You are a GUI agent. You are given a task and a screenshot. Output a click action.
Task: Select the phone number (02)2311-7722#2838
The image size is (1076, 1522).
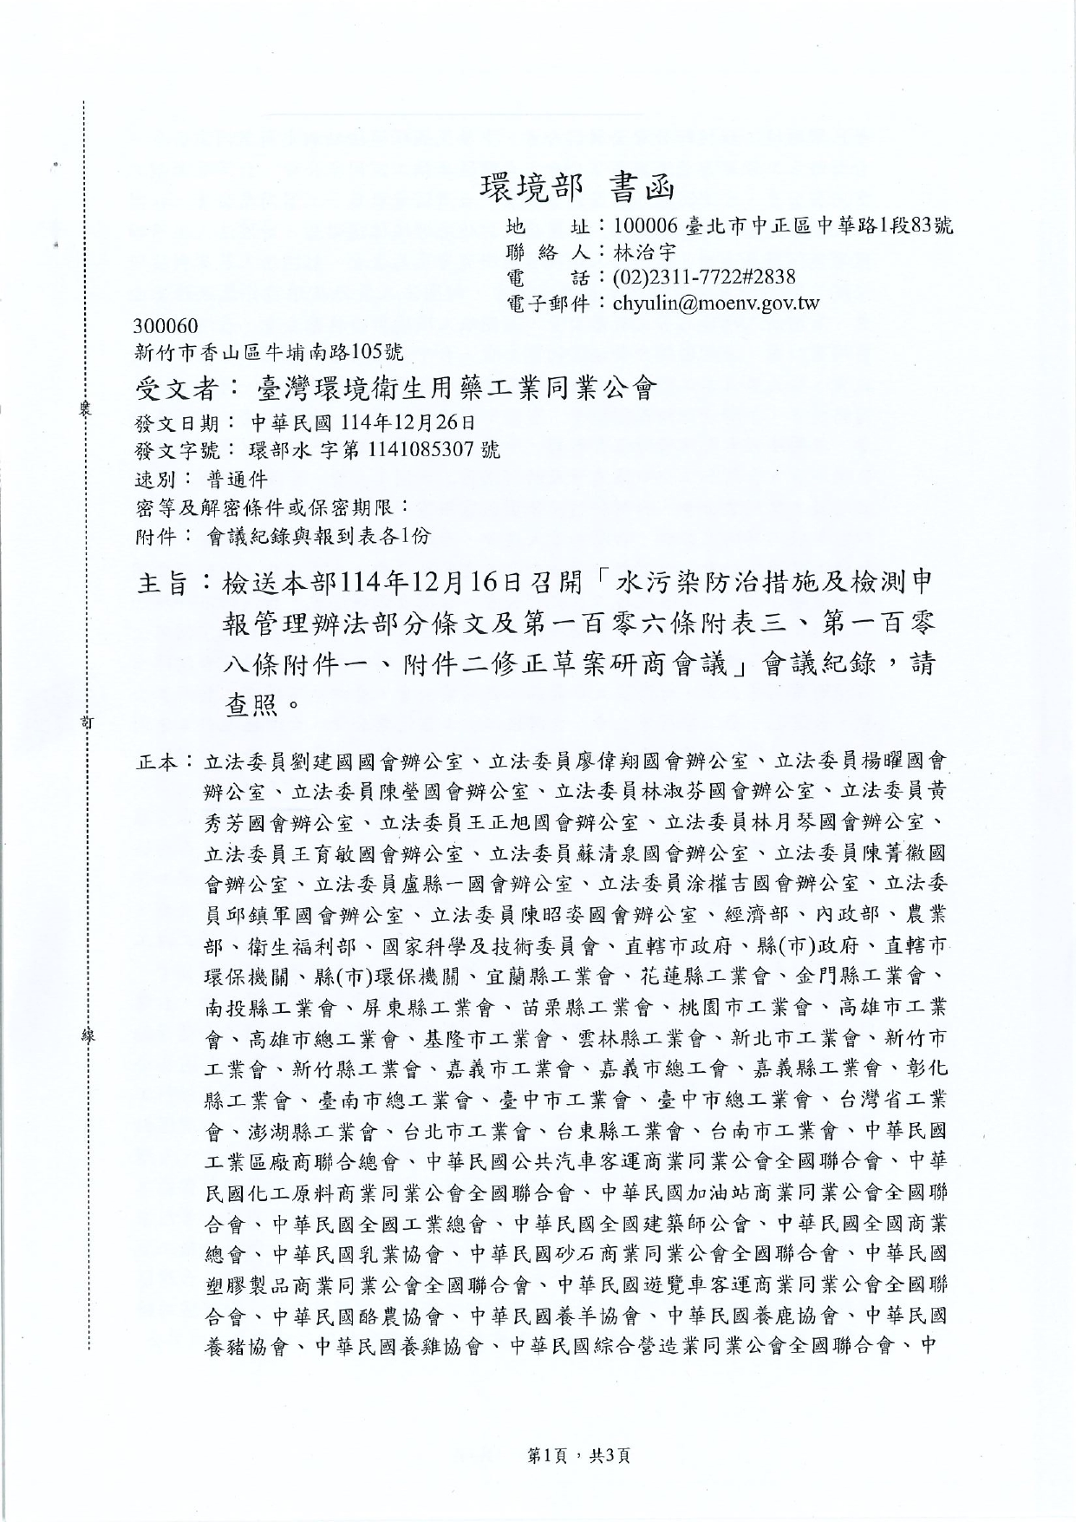click(x=703, y=278)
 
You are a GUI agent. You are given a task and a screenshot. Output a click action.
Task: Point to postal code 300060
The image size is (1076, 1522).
click(x=167, y=327)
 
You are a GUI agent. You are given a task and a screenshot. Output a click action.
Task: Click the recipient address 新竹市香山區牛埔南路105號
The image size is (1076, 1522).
click(x=270, y=352)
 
